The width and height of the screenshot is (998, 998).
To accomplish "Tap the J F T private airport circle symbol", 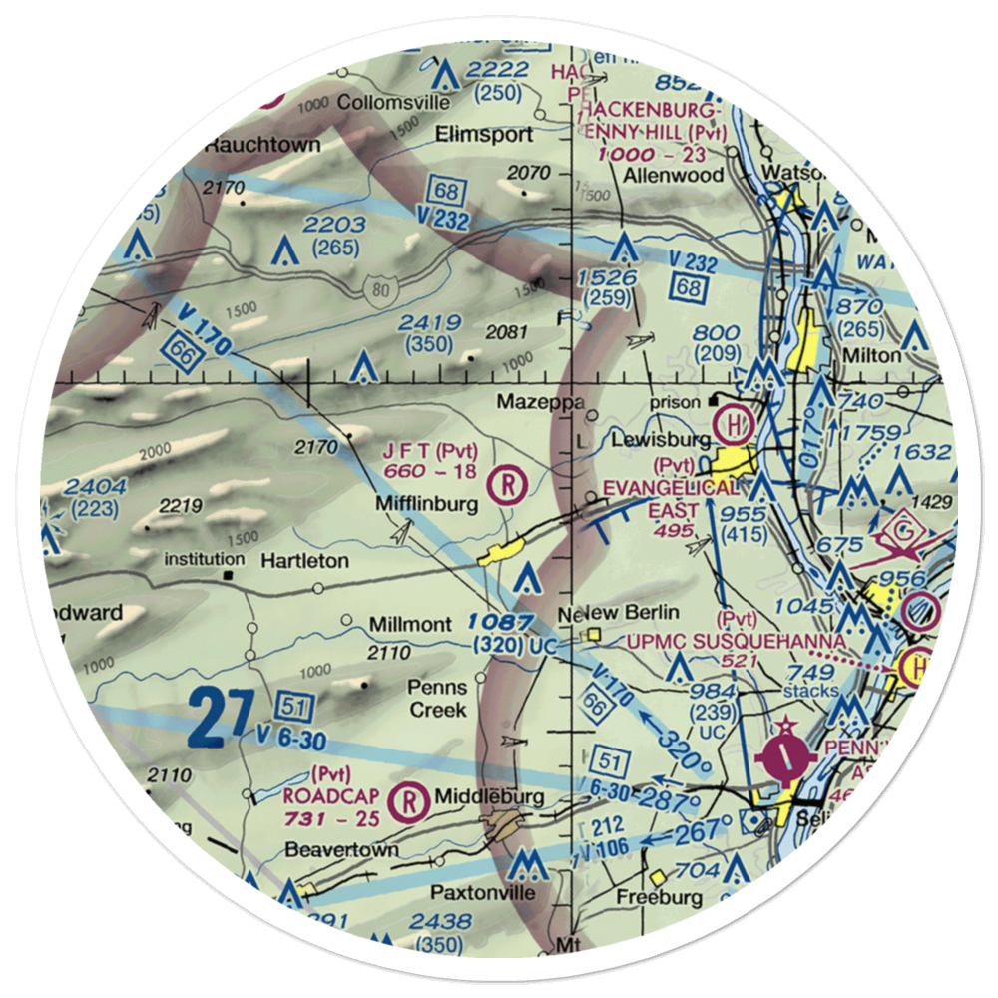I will tap(509, 486).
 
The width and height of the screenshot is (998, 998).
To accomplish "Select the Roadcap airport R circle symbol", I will tap(408, 798).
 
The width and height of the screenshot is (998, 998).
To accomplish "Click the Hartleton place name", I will tap(304, 561).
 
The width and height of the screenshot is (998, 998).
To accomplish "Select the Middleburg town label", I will tap(489, 796).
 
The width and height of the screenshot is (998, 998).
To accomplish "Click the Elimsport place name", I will tap(491, 134).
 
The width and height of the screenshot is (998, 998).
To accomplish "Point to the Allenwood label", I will tap(659, 175).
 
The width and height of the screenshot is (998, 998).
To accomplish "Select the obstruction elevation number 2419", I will tap(429, 322).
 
